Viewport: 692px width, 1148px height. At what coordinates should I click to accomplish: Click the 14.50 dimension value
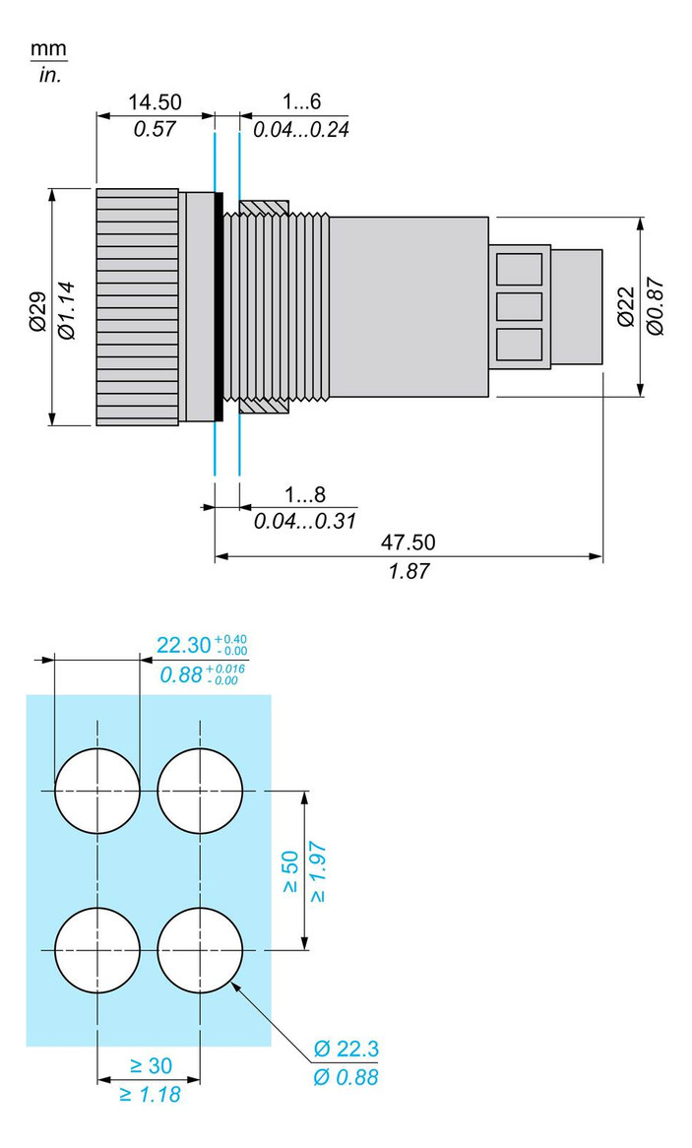155,102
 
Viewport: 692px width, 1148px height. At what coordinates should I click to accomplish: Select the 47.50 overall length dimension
408,542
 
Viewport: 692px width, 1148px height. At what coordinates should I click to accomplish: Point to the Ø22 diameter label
625,306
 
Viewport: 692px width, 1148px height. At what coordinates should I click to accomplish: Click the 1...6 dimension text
302,102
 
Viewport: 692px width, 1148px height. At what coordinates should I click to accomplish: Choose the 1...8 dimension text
304,494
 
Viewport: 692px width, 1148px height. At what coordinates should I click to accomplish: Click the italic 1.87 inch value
408,571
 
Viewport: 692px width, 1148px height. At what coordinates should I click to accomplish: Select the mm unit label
49,49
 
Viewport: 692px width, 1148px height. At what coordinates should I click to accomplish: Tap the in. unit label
50,75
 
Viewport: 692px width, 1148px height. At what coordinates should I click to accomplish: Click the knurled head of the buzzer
137,307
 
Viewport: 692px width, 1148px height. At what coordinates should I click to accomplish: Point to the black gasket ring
219,307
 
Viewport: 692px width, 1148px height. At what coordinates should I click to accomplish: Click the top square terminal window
519,269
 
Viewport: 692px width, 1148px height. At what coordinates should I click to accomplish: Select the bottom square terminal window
519,344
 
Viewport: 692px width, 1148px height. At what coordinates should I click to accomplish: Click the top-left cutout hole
97,791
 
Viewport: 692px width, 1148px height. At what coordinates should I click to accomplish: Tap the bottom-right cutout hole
200,950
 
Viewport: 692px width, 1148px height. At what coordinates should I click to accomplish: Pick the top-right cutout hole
200,791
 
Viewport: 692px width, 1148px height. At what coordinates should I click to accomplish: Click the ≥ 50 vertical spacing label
290,872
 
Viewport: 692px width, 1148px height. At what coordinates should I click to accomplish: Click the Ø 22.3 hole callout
346,1048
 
